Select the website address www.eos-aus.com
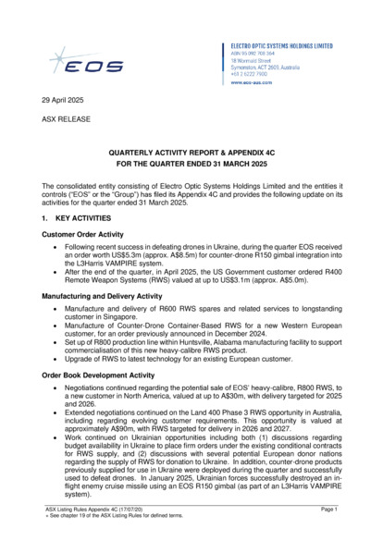click(256, 82)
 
